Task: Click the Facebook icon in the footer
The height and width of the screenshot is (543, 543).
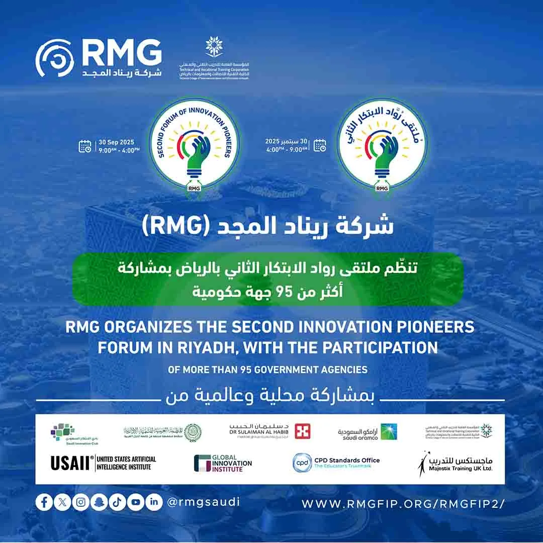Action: tap(44, 502)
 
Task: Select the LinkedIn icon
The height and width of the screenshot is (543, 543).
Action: tap(154, 502)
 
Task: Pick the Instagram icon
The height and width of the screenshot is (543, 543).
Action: tap(80, 502)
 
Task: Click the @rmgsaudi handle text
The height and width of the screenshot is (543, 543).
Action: tap(203, 502)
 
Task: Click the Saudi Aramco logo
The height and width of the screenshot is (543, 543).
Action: tap(367, 432)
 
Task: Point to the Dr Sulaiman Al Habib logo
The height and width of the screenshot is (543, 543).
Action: tap(269, 431)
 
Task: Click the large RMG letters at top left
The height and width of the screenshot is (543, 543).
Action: tap(121, 52)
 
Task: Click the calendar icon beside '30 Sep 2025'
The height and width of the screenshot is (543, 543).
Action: tap(85, 146)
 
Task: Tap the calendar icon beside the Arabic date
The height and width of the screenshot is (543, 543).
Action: tap(320, 145)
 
